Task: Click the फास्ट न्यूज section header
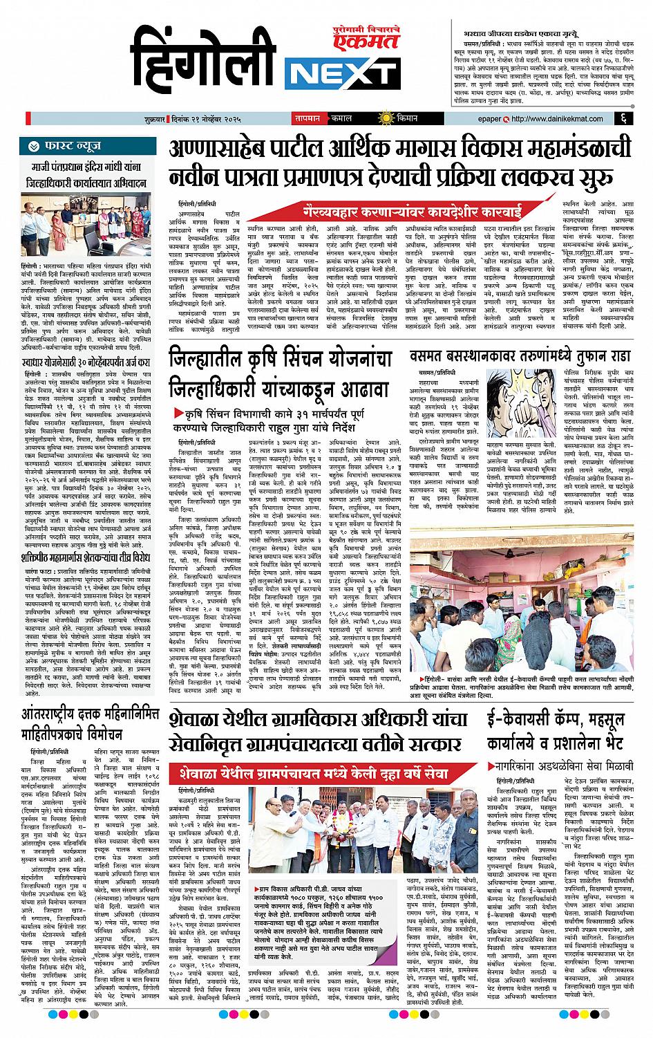pos(70,147)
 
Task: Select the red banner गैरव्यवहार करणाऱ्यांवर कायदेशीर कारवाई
pos(413,208)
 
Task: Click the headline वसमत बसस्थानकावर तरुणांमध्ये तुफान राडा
pos(520,358)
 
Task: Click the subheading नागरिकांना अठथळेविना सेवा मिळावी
pos(565,766)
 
